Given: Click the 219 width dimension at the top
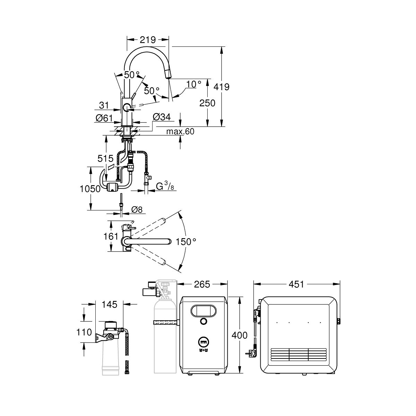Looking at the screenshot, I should pos(148,40).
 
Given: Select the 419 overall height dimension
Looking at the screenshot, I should pos(222,86).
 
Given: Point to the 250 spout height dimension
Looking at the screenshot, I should pos(207,103).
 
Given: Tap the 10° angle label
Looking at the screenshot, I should pos(193,84).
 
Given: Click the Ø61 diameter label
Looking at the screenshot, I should pos(104,118).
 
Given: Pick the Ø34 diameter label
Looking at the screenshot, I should pos(162,118).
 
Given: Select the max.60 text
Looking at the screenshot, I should pos(180,131).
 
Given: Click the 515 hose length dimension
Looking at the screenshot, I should pos(106,159).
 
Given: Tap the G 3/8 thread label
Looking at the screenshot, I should pos(165,187).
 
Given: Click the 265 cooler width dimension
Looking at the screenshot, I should pos(202,284).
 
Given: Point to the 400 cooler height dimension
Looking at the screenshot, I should pos(240,335).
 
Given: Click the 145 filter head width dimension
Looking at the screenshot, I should pos(110,304).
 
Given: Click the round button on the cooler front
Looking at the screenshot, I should pos(204,321).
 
